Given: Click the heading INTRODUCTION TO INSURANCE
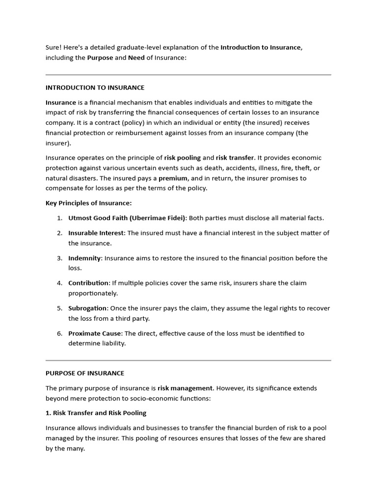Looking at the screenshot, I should coord(95,87).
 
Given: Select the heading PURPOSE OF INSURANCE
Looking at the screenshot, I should coord(85,373).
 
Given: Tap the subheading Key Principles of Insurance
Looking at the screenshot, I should coord(88,203).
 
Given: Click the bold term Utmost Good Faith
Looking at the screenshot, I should coord(99,218).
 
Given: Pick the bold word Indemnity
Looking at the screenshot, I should coord(84,258).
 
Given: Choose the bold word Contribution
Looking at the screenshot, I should coord(88,283).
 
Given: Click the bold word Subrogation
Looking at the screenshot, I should coord(87,308).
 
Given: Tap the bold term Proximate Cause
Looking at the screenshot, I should coord(94,333).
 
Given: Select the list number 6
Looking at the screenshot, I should coord(59,333).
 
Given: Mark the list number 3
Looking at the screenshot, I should coord(59,258).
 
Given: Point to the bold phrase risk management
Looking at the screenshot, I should coord(185,388).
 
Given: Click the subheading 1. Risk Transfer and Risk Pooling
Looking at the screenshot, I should coord(96,413).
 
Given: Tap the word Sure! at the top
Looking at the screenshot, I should coord(54,48).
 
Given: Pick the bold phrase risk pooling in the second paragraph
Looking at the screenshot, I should coord(183,158).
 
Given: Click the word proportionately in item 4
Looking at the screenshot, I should coord(93,293).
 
